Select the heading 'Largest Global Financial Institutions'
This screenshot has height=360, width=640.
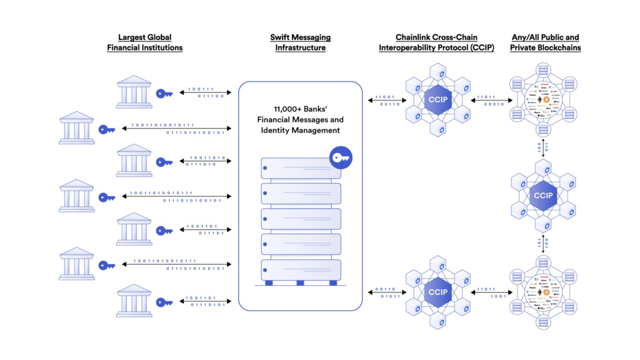(145, 43)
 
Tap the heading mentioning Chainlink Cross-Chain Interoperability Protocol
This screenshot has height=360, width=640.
(436, 43)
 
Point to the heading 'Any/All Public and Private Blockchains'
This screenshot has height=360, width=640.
(545, 43)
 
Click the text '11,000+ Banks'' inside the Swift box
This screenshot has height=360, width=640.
(300, 110)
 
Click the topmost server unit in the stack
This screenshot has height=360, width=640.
(301, 169)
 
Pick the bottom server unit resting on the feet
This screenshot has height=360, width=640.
(301, 269)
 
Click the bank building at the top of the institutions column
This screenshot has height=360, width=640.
(134, 91)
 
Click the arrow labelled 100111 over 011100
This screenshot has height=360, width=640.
(205, 93)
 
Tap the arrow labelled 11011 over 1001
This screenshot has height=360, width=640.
(490, 292)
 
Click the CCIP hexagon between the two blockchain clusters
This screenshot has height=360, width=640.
(543, 196)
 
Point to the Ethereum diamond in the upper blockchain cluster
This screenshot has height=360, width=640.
(543, 100)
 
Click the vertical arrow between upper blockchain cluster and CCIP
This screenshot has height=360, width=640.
(543, 148)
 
